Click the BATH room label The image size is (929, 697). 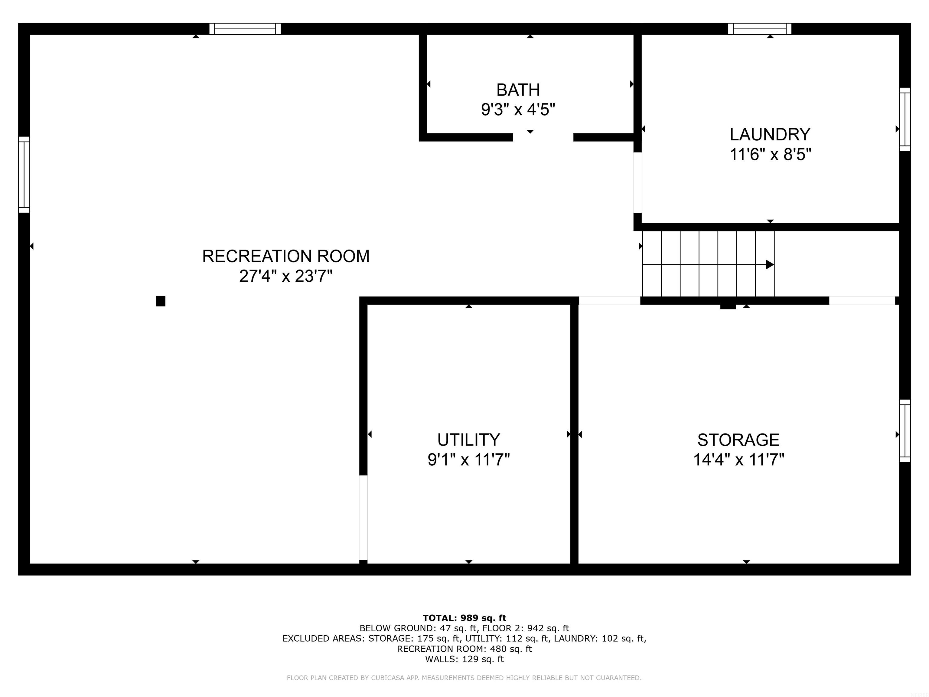(518, 90)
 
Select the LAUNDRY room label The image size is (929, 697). (770, 134)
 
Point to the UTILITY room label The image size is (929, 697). (469, 440)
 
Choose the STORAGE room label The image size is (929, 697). (738, 440)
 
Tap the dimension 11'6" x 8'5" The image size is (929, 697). (770, 155)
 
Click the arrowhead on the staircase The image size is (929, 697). (770, 265)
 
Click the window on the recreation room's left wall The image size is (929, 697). (24, 174)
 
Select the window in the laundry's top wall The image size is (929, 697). (759, 28)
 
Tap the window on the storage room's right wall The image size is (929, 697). (905, 431)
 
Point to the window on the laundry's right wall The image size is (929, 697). (905, 119)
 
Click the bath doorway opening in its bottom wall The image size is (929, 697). (543, 137)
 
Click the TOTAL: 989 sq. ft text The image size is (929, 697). (464, 618)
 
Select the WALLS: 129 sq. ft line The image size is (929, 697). (464, 659)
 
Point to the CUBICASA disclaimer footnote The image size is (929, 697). (464, 678)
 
